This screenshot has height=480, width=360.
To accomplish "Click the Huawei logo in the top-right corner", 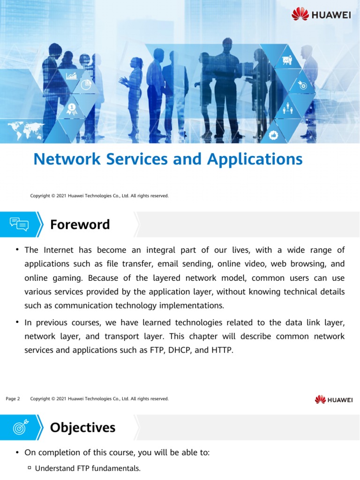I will point(321,14).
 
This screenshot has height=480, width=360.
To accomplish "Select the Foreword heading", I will point(80,225).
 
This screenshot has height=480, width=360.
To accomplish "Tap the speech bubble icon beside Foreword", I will point(19,225).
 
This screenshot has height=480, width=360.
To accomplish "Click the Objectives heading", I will point(82,427).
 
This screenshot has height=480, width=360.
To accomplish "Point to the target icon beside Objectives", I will point(19,427).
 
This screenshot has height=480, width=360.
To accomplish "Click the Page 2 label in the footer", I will point(13,399).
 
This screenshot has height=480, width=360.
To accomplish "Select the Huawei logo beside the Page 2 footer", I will point(333,399).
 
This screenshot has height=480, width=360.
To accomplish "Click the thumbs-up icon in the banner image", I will point(274,135).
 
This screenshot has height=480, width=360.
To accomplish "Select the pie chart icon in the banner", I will point(86,85).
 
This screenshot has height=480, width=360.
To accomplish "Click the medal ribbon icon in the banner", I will point(71,109).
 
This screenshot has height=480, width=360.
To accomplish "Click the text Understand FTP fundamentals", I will point(88,468).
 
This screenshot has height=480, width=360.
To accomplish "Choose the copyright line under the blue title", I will point(99,195).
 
